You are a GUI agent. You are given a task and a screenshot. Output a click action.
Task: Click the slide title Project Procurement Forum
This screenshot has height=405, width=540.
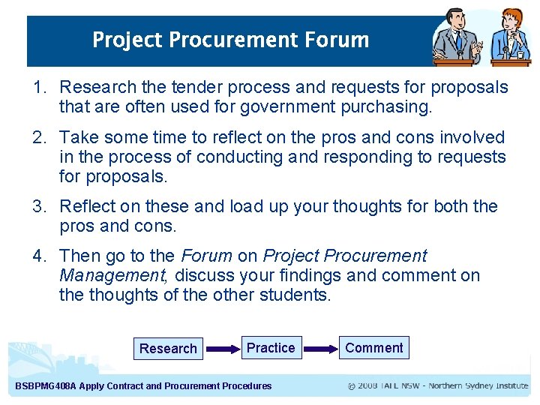click(x=230, y=40)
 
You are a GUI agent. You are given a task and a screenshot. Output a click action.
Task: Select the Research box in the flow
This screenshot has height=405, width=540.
click(x=168, y=349)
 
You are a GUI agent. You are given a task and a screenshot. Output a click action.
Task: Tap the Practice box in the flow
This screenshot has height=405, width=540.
click(x=271, y=348)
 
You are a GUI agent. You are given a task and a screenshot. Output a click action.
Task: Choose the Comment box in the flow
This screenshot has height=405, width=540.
click(x=373, y=348)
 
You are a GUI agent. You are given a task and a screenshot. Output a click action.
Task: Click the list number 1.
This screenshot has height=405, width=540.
click(x=40, y=88)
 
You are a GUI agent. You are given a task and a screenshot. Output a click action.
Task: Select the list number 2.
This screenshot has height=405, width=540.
click(x=40, y=138)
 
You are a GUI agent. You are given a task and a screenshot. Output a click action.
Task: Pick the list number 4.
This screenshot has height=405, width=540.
click(x=40, y=256)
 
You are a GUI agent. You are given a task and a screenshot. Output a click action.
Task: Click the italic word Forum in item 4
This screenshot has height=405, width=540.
click(x=207, y=256)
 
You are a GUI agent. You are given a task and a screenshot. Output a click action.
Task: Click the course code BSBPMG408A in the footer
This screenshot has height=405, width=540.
click(x=46, y=386)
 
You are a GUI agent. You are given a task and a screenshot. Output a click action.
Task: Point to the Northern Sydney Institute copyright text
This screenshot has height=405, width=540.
click(x=438, y=386)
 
